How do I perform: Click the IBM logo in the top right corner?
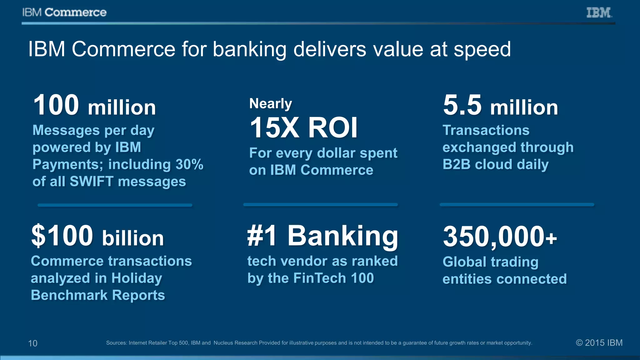pyautogui.click(x=599, y=12)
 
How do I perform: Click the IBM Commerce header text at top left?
pyautogui.click(x=64, y=12)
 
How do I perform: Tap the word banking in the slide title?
pyautogui.click(x=249, y=49)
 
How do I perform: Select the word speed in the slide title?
pyautogui.click(x=482, y=49)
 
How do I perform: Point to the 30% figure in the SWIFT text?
pyautogui.click(x=189, y=164)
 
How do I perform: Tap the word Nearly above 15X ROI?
pyautogui.click(x=271, y=103)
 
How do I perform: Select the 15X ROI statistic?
pyautogui.click(x=303, y=127)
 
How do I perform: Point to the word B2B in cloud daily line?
pyautogui.click(x=456, y=164)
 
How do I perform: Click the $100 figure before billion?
pyautogui.click(x=62, y=236)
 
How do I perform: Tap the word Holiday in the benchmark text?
pyautogui.click(x=137, y=278)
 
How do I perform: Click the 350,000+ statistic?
pyautogui.click(x=500, y=237)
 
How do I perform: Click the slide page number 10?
pyautogui.click(x=33, y=343)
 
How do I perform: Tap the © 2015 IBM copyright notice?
pyautogui.click(x=599, y=343)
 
